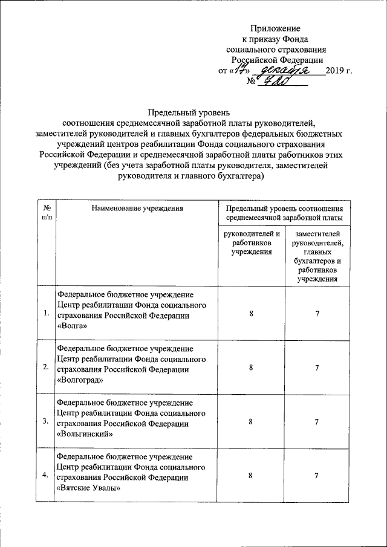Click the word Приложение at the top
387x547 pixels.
click(275, 28)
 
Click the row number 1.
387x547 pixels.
click(47, 313)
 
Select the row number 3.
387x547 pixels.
click(47, 421)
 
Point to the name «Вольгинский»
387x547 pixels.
click(84, 433)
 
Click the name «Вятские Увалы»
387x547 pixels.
click(88, 488)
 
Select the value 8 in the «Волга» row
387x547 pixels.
click(251, 314)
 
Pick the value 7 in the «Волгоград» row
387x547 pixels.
click(316, 367)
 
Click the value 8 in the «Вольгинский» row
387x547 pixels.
click(251, 421)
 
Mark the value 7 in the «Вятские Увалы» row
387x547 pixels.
click(316, 476)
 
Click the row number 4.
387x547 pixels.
click(47, 476)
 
